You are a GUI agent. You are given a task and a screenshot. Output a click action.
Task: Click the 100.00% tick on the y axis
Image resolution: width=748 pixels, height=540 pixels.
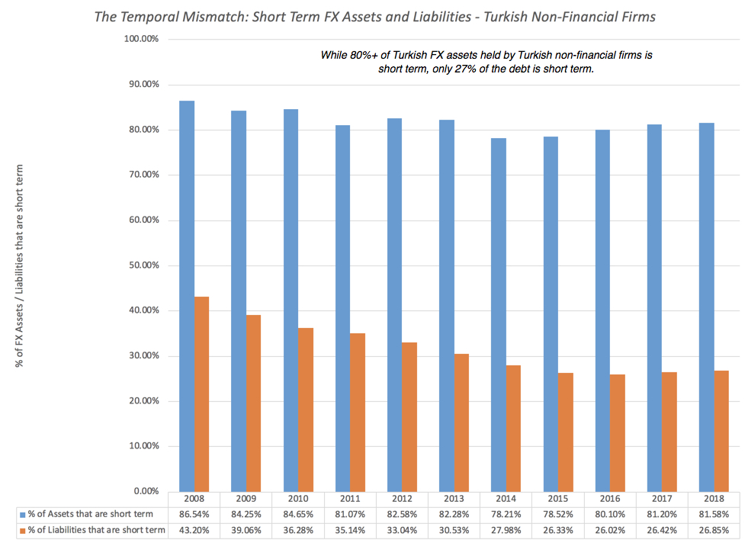141,39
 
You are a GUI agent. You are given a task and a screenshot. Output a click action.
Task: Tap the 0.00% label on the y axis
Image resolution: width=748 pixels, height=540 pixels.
146,491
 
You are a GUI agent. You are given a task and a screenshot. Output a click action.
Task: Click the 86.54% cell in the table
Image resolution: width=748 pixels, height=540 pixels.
194,515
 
